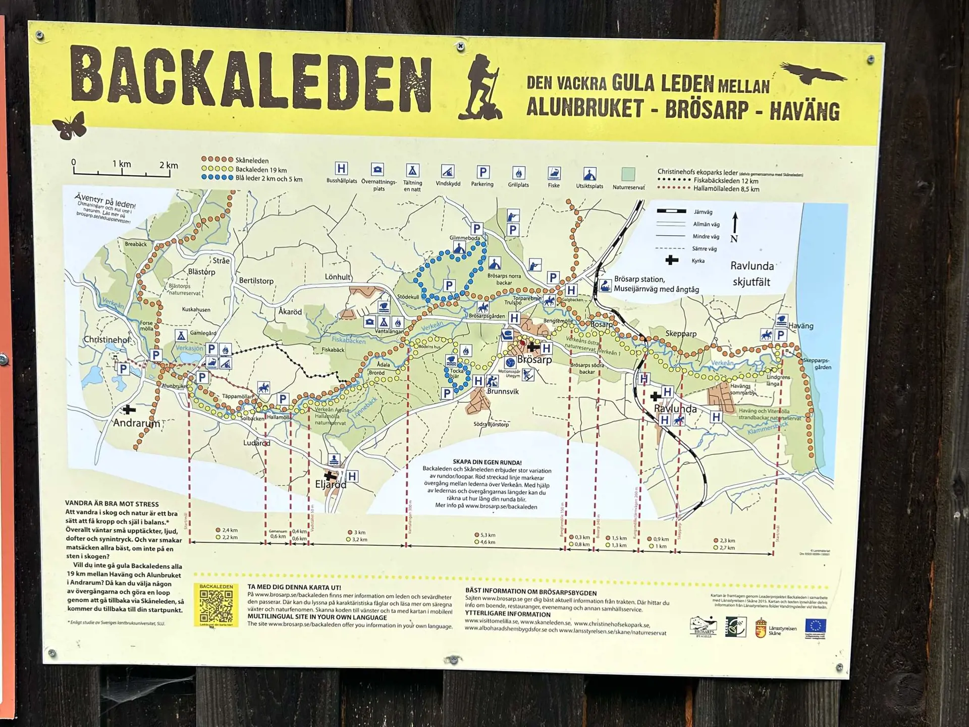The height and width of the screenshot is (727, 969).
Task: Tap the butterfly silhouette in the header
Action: pyautogui.click(x=69, y=126)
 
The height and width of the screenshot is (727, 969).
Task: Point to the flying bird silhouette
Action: pyautogui.click(x=812, y=74)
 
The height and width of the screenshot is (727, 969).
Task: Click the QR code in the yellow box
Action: pyautogui.click(x=216, y=605)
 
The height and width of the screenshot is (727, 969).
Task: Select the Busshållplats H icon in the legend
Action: pyautogui.click(x=341, y=169)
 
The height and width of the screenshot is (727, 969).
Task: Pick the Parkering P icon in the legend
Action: pyautogui.click(x=482, y=172)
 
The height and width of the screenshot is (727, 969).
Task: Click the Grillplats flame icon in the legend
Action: pyautogui.click(x=518, y=173)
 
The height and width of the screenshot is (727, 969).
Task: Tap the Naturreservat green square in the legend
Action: pyautogui.click(x=628, y=174)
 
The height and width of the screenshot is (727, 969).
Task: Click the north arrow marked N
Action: pyautogui.click(x=735, y=227)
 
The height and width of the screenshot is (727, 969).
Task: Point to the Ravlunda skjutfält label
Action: pyautogui.click(x=751, y=274)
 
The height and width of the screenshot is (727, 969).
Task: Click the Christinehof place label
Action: pyautogui.click(x=107, y=340)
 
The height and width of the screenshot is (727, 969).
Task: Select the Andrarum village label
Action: pyautogui.click(x=136, y=423)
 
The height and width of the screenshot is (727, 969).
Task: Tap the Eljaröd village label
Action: pyautogui.click(x=331, y=485)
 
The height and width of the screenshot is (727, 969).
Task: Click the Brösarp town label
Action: pyautogui.click(x=534, y=360)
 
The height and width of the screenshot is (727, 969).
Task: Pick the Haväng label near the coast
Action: pyautogui.click(x=800, y=326)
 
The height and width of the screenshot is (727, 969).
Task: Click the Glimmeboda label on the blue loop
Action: pyautogui.click(x=464, y=238)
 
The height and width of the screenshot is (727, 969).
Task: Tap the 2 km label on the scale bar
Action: pyautogui.click(x=169, y=165)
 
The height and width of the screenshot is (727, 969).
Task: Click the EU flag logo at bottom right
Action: pyautogui.click(x=815, y=627)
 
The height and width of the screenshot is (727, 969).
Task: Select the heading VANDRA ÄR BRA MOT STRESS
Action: pyautogui.click(x=112, y=504)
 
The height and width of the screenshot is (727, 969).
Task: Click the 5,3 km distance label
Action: pyautogui.click(x=488, y=535)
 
